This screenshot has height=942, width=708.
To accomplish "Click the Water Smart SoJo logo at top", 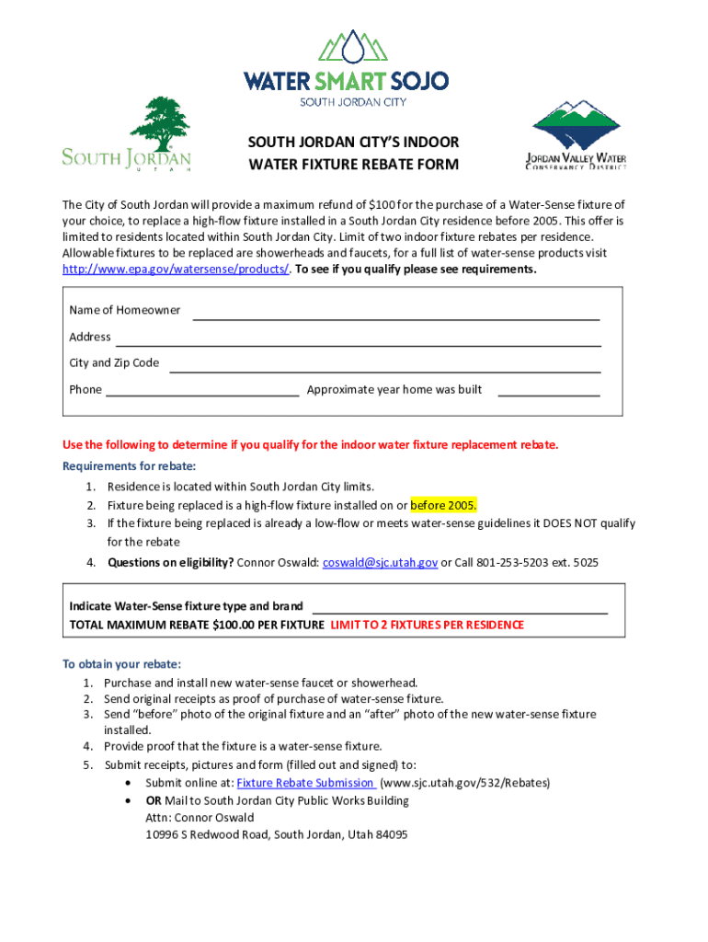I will (346, 69).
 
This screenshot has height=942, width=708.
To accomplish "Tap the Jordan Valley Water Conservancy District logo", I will (576, 136).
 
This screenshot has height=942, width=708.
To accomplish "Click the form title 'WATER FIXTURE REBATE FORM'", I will (353, 166).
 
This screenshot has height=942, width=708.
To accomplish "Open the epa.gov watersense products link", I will (176, 270).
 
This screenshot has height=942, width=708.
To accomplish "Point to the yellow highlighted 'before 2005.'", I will (444, 505).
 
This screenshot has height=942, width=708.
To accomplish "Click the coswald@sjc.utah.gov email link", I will (380, 561).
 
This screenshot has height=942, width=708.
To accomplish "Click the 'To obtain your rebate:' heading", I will (121, 664).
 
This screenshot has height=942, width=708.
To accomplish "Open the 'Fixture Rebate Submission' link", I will (305, 783).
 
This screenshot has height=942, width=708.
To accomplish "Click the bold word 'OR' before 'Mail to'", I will (154, 800).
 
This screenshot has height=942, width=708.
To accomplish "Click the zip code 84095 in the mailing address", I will (389, 834).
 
